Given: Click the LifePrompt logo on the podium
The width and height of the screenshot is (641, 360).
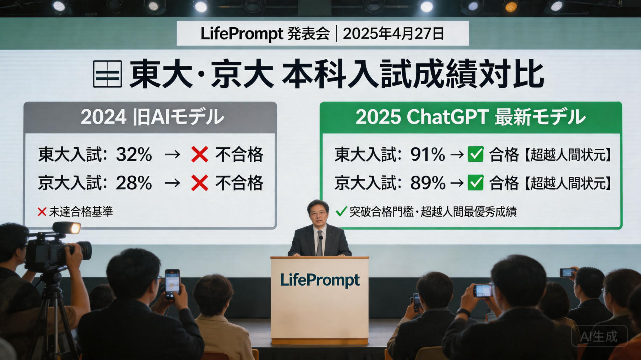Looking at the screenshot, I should coord(320,280).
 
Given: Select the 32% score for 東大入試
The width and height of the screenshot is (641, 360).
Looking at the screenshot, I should coord(134,155).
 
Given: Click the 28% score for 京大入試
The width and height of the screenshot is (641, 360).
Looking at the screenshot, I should coord(134,184).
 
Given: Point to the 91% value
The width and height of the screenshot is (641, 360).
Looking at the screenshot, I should coord(427,155).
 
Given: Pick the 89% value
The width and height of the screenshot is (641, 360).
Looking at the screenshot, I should coord(427,184).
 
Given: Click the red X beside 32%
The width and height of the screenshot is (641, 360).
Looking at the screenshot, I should coord(199,155).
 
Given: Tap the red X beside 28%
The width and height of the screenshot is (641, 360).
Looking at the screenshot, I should coord(199,184).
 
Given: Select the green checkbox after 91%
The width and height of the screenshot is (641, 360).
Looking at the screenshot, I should coord(475,155).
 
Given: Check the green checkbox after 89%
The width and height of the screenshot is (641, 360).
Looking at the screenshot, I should coord(475,183).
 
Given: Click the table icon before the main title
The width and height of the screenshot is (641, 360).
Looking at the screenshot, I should coord(107,74).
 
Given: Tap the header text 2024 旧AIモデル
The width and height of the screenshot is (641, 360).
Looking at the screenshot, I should coord(152,117).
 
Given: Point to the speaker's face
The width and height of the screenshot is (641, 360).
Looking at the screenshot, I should coord(318,212).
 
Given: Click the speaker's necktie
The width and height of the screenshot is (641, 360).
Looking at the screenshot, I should coord(319,244).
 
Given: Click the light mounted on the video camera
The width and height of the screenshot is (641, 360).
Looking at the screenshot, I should coord(68,228).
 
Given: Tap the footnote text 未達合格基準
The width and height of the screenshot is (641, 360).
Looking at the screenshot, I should coord(81,212).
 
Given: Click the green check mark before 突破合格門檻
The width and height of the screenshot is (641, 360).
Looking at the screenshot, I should coord(341,212).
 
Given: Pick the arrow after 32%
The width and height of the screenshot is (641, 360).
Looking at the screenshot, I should coord(172,155).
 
